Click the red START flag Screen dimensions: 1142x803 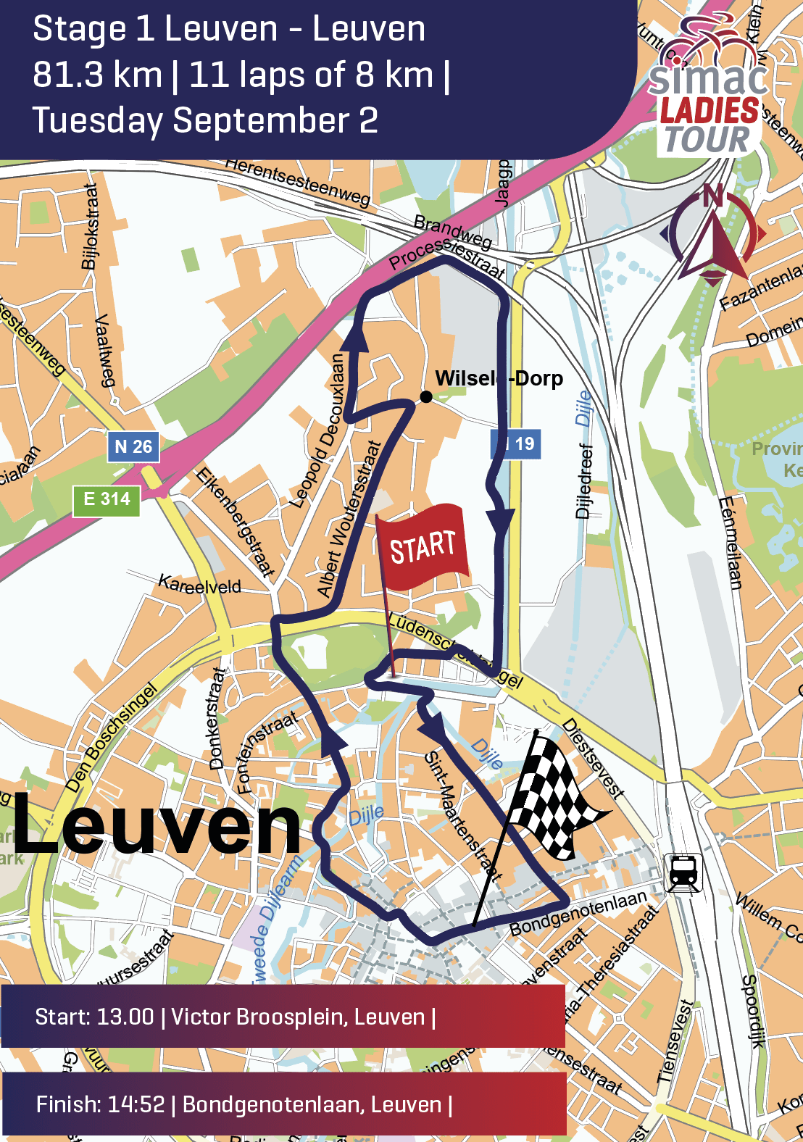click(422, 547)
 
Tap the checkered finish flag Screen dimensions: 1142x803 click(554, 793)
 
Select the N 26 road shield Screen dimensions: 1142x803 click(133, 446)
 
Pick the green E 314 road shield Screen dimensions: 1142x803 click(107, 499)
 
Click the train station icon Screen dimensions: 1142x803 click(683, 872)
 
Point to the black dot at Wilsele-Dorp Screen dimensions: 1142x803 click(426, 396)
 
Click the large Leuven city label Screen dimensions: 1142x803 click(156, 824)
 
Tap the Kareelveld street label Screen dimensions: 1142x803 click(199, 584)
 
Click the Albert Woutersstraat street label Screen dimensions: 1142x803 click(350, 519)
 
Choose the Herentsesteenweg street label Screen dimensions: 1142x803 click(298, 181)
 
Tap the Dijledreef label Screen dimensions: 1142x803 click(585, 481)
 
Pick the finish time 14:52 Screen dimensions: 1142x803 click(136, 1104)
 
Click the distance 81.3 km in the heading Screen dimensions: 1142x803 click(98, 75)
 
